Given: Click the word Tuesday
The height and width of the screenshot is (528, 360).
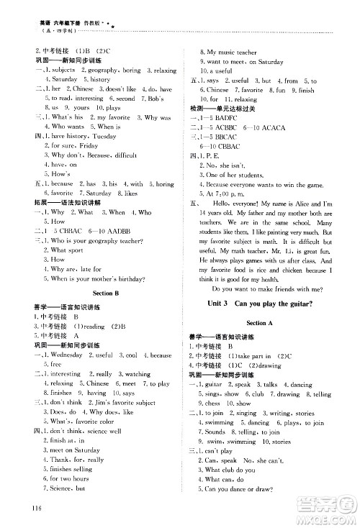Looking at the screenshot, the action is (x=103, y=135).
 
